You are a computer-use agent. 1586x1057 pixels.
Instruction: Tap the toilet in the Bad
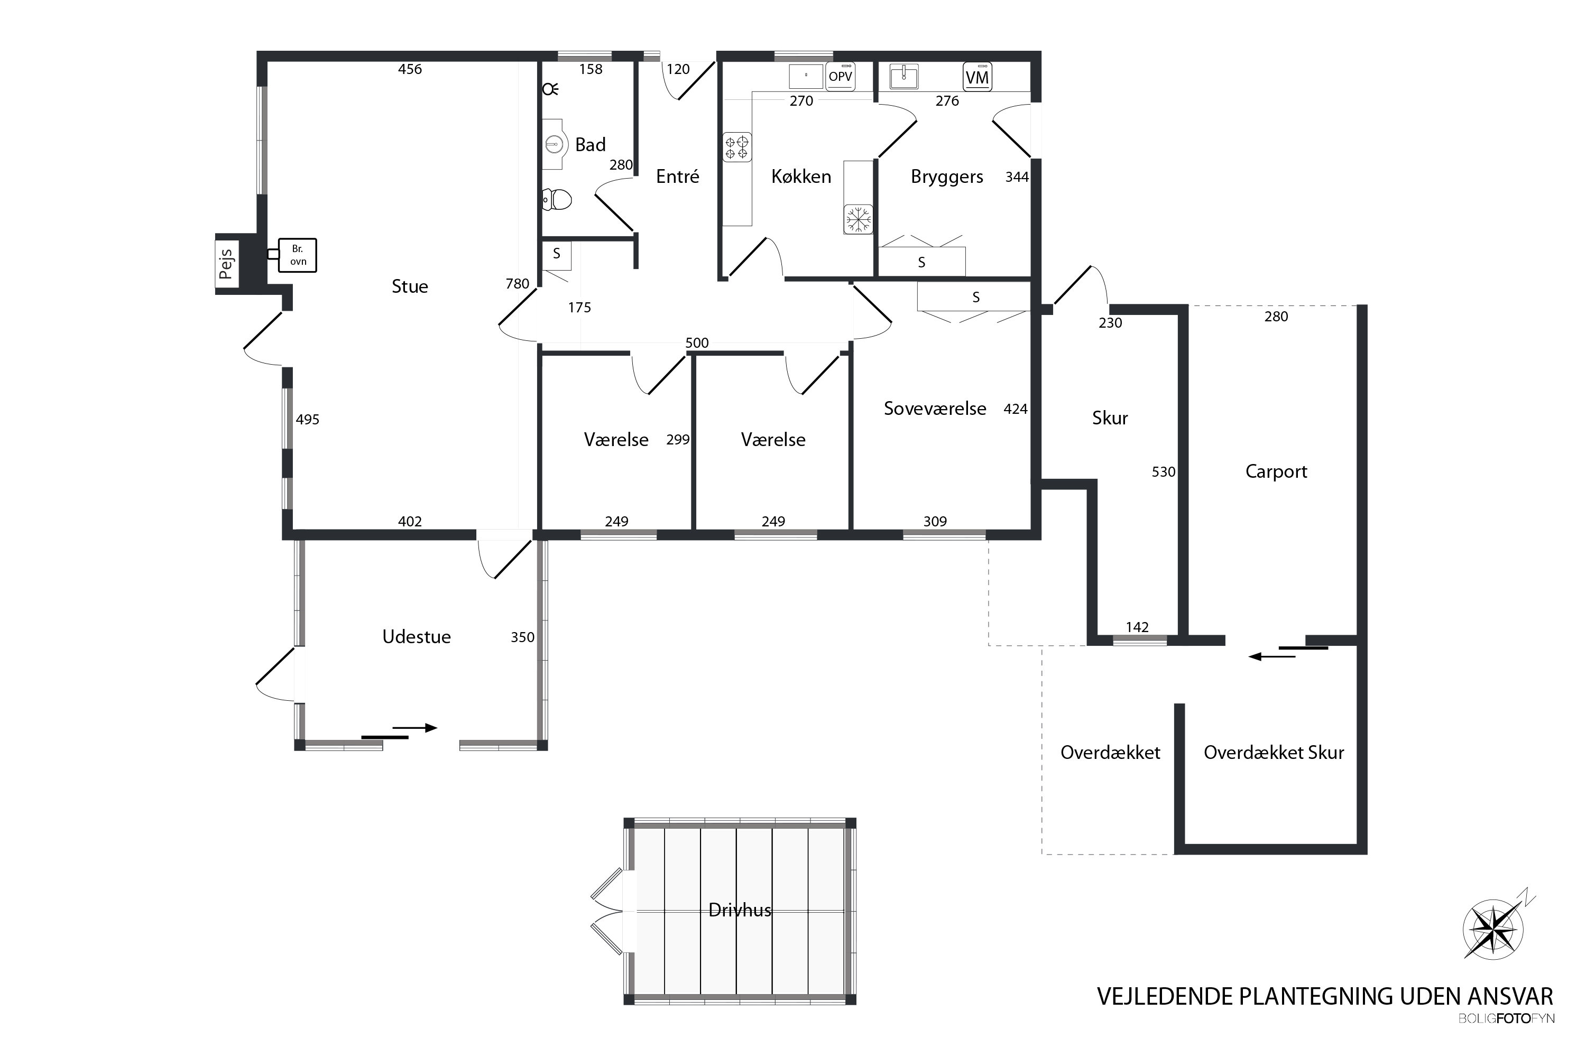557,200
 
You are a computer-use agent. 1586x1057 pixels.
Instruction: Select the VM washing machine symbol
977,77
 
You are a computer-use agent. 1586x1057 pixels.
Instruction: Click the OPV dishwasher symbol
840,76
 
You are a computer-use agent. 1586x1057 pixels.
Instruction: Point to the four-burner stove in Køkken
736,147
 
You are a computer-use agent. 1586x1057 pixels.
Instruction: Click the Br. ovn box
297,255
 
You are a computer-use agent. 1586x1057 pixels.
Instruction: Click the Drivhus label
740,910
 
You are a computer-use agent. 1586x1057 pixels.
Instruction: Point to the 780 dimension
517,284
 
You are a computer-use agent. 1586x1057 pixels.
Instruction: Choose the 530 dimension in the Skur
1163,472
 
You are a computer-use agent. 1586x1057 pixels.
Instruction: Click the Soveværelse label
935,409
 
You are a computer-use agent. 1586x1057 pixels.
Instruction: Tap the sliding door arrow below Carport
1272,656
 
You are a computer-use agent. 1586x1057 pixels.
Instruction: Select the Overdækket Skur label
1274,752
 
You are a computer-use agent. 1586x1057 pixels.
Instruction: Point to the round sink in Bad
554,144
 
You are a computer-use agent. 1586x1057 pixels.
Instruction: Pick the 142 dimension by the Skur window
1137,627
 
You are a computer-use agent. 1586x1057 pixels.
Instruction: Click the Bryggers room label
947,177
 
